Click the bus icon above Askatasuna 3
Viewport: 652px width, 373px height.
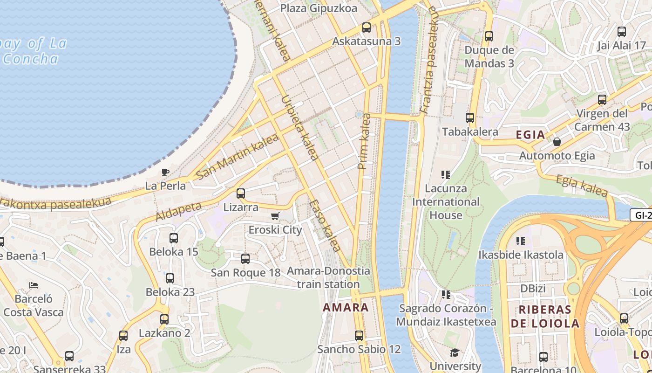pos(367,28)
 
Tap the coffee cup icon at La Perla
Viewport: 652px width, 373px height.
pos(165,172)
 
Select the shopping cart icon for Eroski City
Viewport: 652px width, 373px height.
pos(275,216)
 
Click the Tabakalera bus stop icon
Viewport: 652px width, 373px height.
pos(470,118)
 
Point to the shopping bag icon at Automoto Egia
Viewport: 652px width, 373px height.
pos(557,141)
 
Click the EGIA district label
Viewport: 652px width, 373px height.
pos(530,135)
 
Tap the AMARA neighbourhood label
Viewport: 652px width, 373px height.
pos(346,307)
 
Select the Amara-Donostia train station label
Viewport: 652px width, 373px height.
pos(328,277)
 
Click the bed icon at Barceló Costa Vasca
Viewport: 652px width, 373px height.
pos(33,285)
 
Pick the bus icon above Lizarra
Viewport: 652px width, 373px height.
pos(241,193)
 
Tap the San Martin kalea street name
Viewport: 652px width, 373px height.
pos(237,157)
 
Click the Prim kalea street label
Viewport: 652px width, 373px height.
pos(364,141)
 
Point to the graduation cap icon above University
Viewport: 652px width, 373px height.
pos(455,352)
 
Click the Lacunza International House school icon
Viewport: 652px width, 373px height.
pos(446,175)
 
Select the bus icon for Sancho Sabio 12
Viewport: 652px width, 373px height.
pos(359,335)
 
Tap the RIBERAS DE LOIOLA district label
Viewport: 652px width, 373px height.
pos(545,317)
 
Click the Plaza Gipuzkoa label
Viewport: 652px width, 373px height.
pos(319,8)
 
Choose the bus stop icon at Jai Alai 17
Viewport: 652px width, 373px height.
pos(622,32)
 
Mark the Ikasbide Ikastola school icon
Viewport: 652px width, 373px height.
pos(521,241)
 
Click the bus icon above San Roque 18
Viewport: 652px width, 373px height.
pos(245,258)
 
